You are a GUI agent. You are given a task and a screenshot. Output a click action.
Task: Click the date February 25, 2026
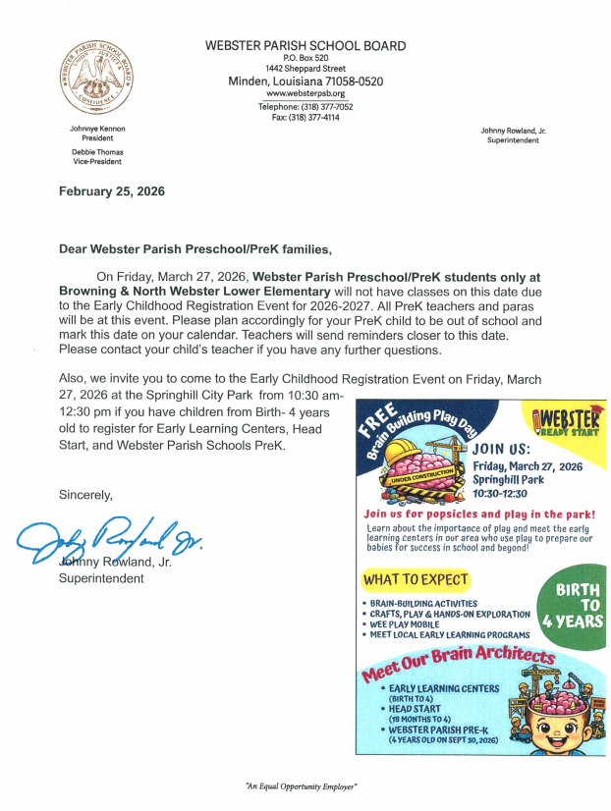coord(112,191)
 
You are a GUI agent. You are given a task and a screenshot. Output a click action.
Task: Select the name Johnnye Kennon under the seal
coord(97,129)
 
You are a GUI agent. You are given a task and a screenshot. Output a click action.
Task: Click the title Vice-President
coord(97,163)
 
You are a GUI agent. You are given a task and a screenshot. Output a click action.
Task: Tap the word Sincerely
coord(85,495)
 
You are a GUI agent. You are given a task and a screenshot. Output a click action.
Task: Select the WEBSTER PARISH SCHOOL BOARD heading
coord(305,46)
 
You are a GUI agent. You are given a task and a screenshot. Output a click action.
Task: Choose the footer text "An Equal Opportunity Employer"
coord(301,787)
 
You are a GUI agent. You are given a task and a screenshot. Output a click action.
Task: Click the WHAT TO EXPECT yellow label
coord(416,580)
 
